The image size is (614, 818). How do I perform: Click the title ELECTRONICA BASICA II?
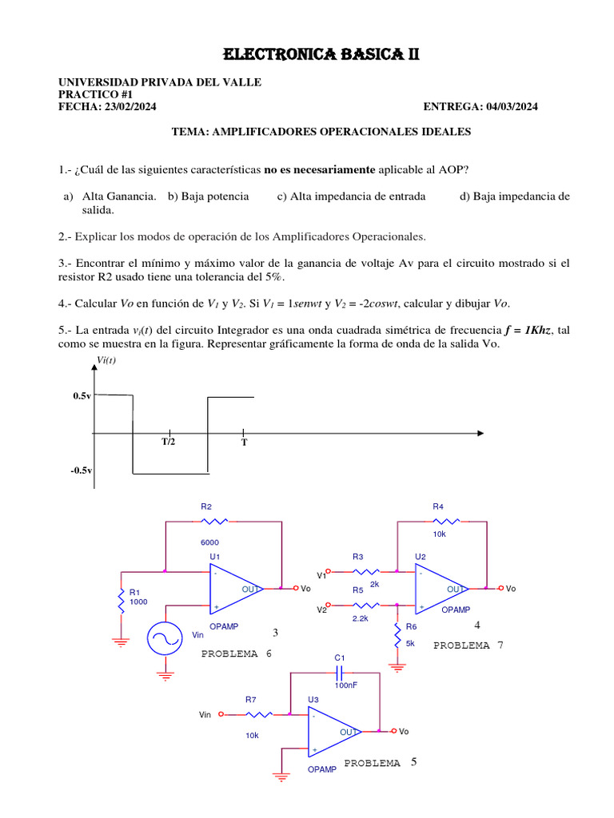point(321,54)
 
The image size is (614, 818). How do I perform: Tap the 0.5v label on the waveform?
point(82,396)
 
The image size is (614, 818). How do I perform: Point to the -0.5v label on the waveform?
point(81,471)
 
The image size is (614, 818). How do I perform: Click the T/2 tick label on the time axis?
point(169,441)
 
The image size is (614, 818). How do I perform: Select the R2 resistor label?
point(206,506)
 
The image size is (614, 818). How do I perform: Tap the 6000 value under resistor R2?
point(209,542)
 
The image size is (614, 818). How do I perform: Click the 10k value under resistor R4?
point(439,534)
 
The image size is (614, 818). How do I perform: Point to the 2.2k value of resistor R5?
point(359,618)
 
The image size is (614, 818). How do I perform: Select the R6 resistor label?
point(412,627)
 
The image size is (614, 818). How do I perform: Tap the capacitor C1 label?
point(340,657)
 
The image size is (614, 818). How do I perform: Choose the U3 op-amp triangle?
point(333,732)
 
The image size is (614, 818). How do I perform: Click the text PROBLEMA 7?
point(468,645)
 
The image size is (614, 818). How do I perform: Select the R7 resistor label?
point(250,699)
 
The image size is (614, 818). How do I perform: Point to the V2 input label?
point(322,610)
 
